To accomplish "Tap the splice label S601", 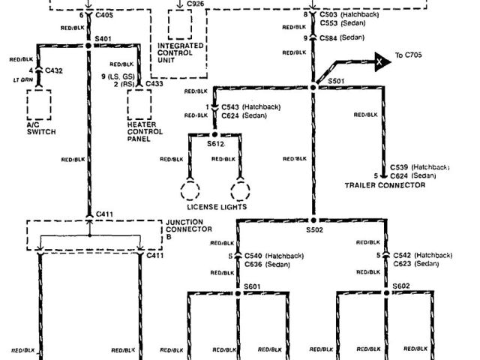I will pos(253,286).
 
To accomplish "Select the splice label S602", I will pos(400,286).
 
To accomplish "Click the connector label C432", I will pos(54,70).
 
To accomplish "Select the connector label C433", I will pos(154,84).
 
